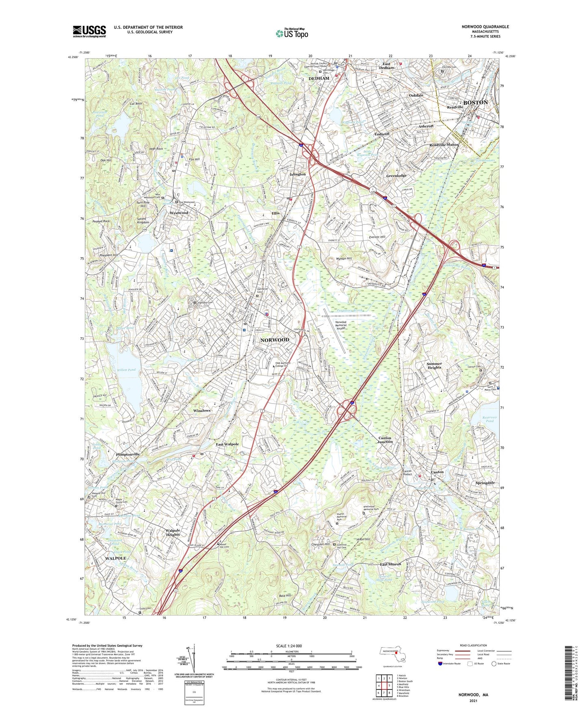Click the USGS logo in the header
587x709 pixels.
coord(89,31)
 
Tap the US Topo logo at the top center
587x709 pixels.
coord(292,33)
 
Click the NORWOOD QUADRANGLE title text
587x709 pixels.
coord(485,27)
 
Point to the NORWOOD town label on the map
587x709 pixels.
coord(275,339)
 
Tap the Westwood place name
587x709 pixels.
coord(179,213)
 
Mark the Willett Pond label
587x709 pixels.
coord(126,370)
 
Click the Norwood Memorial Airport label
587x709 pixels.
coord(341,325)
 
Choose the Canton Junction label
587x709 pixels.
coord(385,440)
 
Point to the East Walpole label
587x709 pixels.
coord(227,444)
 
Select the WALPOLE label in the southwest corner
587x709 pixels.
coord(115,558)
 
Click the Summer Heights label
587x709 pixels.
coord(434,365)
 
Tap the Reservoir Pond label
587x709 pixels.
coord(490,419)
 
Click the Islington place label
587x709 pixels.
coord(297,174)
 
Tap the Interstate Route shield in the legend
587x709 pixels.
coord(440,664)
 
